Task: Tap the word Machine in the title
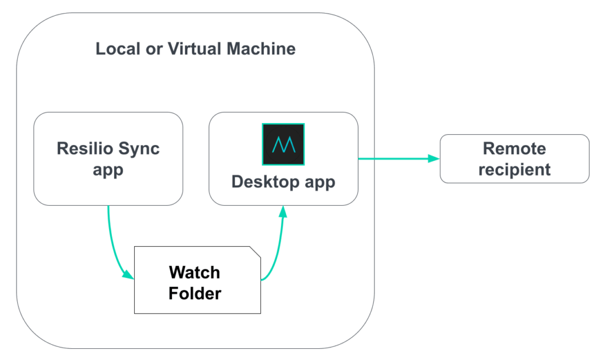pos(261,48)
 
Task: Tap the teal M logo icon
pos(283,144)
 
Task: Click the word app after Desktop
pos(320,183)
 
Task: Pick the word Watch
pos(194,272)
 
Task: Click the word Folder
pos(194,293)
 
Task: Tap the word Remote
pos(514,148)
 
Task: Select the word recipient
pos(514,170)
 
